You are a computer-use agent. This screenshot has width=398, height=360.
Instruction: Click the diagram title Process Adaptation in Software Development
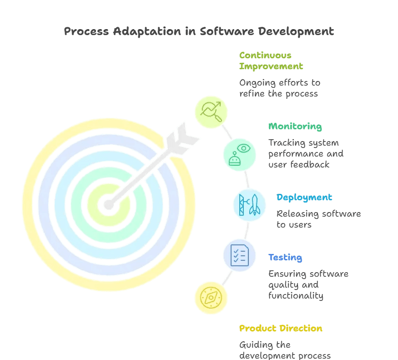pyautogui.click(x=199, y=31)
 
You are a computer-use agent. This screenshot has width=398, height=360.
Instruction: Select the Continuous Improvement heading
pyautogui.click(x=271, y=61)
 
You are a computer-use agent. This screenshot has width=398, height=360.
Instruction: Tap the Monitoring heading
pyautogui.click(x=295, y=127)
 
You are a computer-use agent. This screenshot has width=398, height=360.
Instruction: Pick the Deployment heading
pyautogui.click(x=304, y=198)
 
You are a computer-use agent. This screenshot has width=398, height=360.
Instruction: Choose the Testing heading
pyautogui.click(x=285, y=258)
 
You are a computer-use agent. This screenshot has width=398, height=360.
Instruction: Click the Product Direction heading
pyautogui.click(x=281, y=329)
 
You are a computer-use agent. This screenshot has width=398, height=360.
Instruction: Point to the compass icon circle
pyautogui.click(x=211, y=298)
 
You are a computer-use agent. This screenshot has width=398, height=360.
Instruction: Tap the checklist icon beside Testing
pyautogui.click(x=240, y=255)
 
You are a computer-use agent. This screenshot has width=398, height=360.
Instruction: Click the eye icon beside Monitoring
pyautogui.click(x=244, y=149)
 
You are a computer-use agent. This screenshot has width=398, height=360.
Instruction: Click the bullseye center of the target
pyautogui.click(x=108, y=204)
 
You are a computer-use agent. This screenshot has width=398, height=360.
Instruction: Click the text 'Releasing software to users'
pyautogui.click(x=318, y=219)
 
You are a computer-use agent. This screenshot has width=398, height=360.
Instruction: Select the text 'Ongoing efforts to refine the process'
pyautogui.click(x=279, y=88)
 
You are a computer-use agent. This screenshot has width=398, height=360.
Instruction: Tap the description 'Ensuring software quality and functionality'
pyautogui.click(x=308, y=285)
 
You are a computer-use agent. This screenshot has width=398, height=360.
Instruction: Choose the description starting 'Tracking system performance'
pyautogui.click(x=306, y=153)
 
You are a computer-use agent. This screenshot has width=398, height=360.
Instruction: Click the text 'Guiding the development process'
pyautogui.click(x=285, y=350)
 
